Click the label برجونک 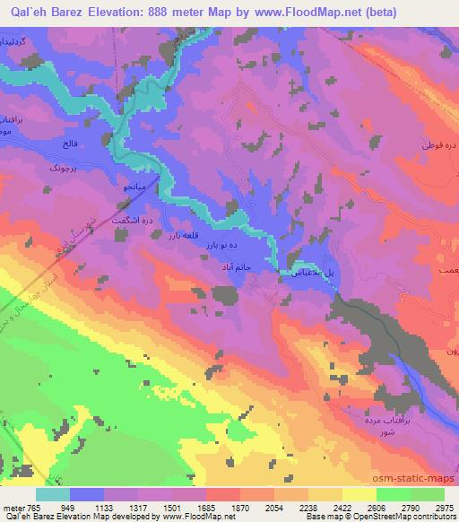pyautogui.click(x=50, y=168)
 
